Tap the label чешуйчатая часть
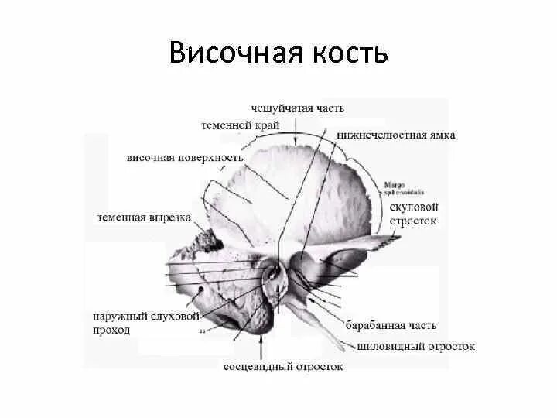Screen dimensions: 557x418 point(298,108)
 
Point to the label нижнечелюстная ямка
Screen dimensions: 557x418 point(396,135)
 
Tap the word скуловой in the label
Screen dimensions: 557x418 point(415,207)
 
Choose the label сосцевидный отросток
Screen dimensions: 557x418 point(282,366)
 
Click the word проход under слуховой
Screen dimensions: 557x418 point(111,330)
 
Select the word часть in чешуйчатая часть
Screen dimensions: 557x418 point(326,108)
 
